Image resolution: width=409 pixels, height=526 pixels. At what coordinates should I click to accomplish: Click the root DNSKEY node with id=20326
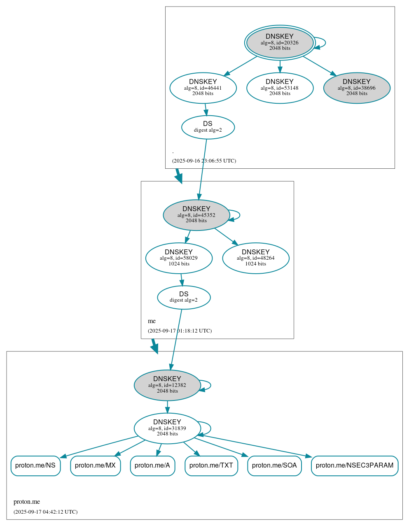pos(280,42)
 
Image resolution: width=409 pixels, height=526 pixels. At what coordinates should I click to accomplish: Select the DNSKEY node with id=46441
pos(203,88)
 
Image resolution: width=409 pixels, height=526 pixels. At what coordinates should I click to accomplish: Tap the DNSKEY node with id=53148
pos(280,88)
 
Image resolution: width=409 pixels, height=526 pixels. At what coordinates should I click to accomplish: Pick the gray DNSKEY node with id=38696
pos(357,88)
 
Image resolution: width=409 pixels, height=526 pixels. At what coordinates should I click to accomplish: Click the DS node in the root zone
pos(208,127)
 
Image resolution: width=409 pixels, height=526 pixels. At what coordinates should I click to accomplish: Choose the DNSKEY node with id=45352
pos(196,215)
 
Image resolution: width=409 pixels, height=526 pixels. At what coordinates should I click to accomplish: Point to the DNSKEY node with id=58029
pos(179,258)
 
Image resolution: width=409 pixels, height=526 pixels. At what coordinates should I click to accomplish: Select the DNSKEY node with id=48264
pos(256,258)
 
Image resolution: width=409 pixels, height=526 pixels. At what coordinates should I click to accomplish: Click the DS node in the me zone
pos(184,297)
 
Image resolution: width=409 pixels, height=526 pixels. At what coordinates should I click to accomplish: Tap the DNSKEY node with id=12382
pos(167,385)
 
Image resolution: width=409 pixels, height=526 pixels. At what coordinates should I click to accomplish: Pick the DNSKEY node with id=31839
pos(167,428)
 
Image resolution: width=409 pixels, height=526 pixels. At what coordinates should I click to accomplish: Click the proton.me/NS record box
pos(35,465)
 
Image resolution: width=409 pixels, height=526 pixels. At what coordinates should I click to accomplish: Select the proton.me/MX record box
pos(95,465)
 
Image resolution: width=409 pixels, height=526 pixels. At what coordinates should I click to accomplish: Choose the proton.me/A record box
pos(152,465)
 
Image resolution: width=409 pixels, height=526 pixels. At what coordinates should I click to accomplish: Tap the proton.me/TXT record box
pos(211,465)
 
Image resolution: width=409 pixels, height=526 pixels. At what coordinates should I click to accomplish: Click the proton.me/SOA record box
pos(274,465)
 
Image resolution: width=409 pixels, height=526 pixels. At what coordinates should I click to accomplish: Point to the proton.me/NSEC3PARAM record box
pos(355,465)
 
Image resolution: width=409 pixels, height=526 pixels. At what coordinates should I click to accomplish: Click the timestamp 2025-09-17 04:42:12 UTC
pos(45,512)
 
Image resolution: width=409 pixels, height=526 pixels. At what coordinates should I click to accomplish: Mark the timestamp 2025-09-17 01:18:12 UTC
pos(180,331)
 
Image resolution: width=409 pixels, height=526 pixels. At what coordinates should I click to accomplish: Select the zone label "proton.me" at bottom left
pos(27,502)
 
